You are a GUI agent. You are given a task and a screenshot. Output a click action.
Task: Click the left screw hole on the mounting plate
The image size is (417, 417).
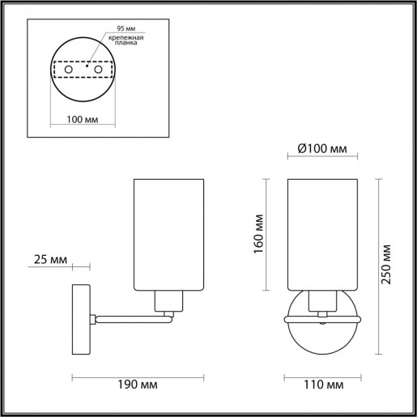pos(69,71)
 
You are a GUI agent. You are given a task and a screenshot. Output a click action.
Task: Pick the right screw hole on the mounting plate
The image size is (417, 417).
pos(99,71)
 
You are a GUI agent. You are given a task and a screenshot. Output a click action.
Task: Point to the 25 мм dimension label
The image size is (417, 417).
pos(50,261)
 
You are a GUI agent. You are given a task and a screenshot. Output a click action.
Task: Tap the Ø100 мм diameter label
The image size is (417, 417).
pos(322,149)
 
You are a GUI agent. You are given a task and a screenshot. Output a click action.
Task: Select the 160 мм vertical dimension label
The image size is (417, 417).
pos(257,236)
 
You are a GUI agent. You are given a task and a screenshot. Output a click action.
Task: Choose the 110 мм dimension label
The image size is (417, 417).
pos(323,381)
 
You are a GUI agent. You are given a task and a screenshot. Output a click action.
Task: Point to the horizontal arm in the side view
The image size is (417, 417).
pos(130,318)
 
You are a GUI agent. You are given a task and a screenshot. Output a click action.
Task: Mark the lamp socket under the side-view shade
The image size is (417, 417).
pos(168,304)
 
